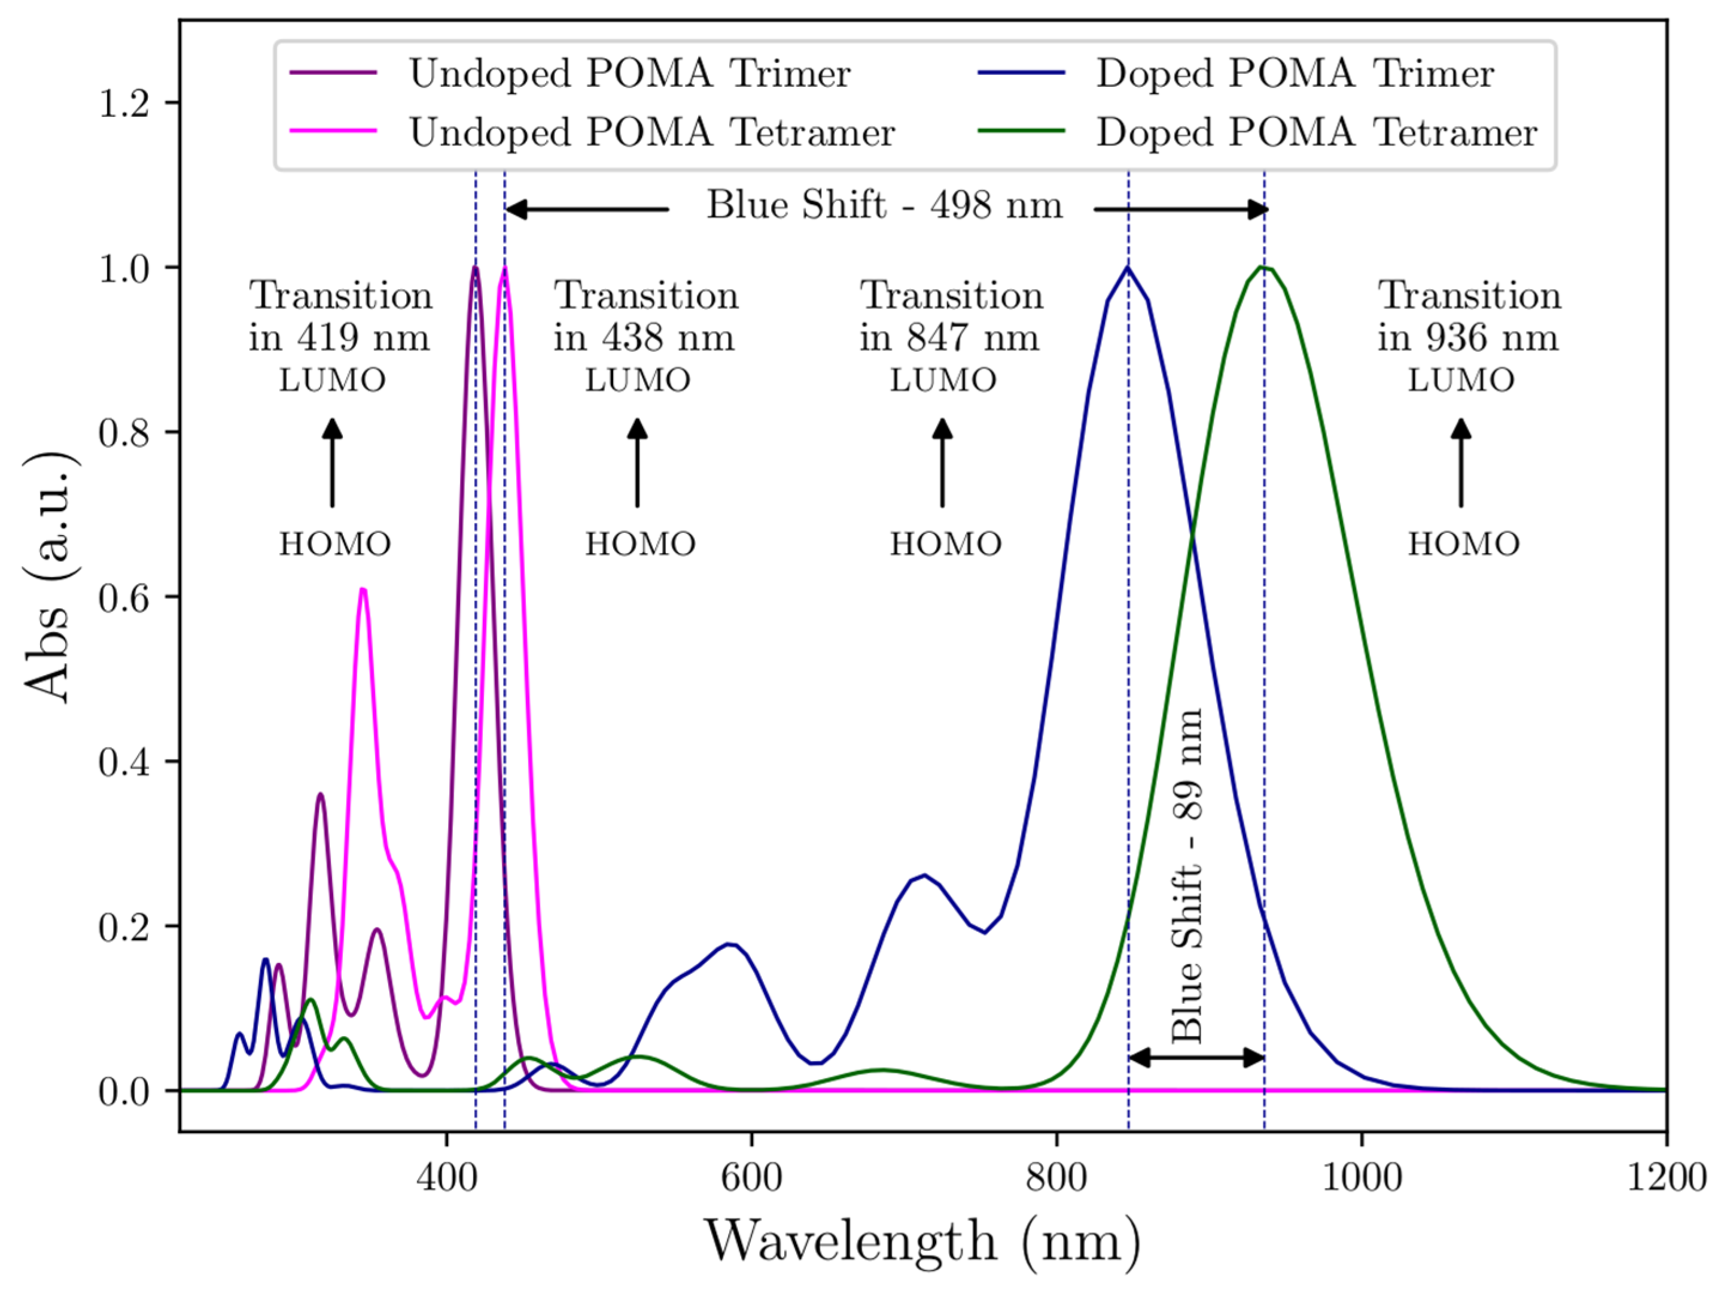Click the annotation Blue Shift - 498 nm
tap(884, 206)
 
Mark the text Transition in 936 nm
tap(1468, 317)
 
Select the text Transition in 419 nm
tap(340, 317)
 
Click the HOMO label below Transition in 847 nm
tap(945, 543)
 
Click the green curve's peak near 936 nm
tap(1263, 268)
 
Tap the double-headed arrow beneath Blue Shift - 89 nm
tap(1196, 1058)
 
